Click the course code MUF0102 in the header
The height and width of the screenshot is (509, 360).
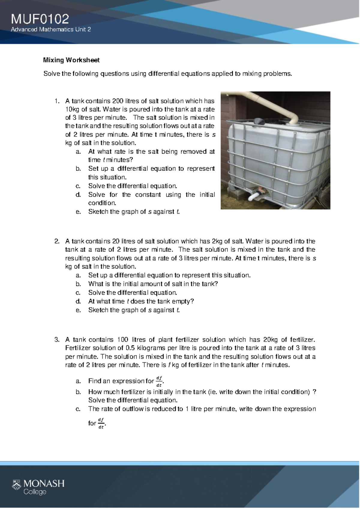tap(40, 19)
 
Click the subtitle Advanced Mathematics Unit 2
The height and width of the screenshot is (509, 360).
tap(51, 29)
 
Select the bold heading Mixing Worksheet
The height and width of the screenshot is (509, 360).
tap(71, 60)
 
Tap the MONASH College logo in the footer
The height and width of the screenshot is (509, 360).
tap(38, 487)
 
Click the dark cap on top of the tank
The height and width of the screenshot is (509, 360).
tap(259, 121)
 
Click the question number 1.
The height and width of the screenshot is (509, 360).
tap(57, 101)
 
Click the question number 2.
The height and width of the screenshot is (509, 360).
tap(57, 241)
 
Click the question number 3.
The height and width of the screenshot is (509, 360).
tap(57, 339)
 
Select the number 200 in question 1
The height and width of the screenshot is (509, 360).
tap(118, 101)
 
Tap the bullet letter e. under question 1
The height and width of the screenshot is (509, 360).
tap(78, 212)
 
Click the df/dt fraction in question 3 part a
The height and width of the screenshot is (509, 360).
tap(159, 381)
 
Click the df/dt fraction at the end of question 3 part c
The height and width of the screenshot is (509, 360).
tap(101, 423)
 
